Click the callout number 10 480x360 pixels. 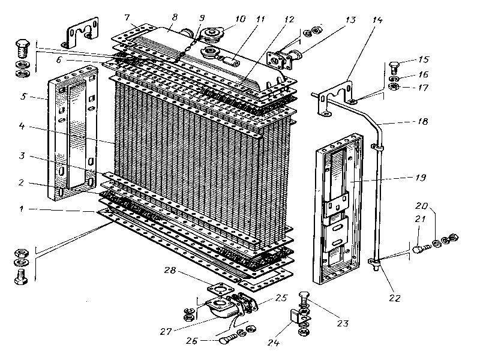(241, 19)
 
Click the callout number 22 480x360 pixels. (394, 297)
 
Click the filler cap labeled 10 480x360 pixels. (212, 34)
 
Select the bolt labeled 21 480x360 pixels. (418, 245)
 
